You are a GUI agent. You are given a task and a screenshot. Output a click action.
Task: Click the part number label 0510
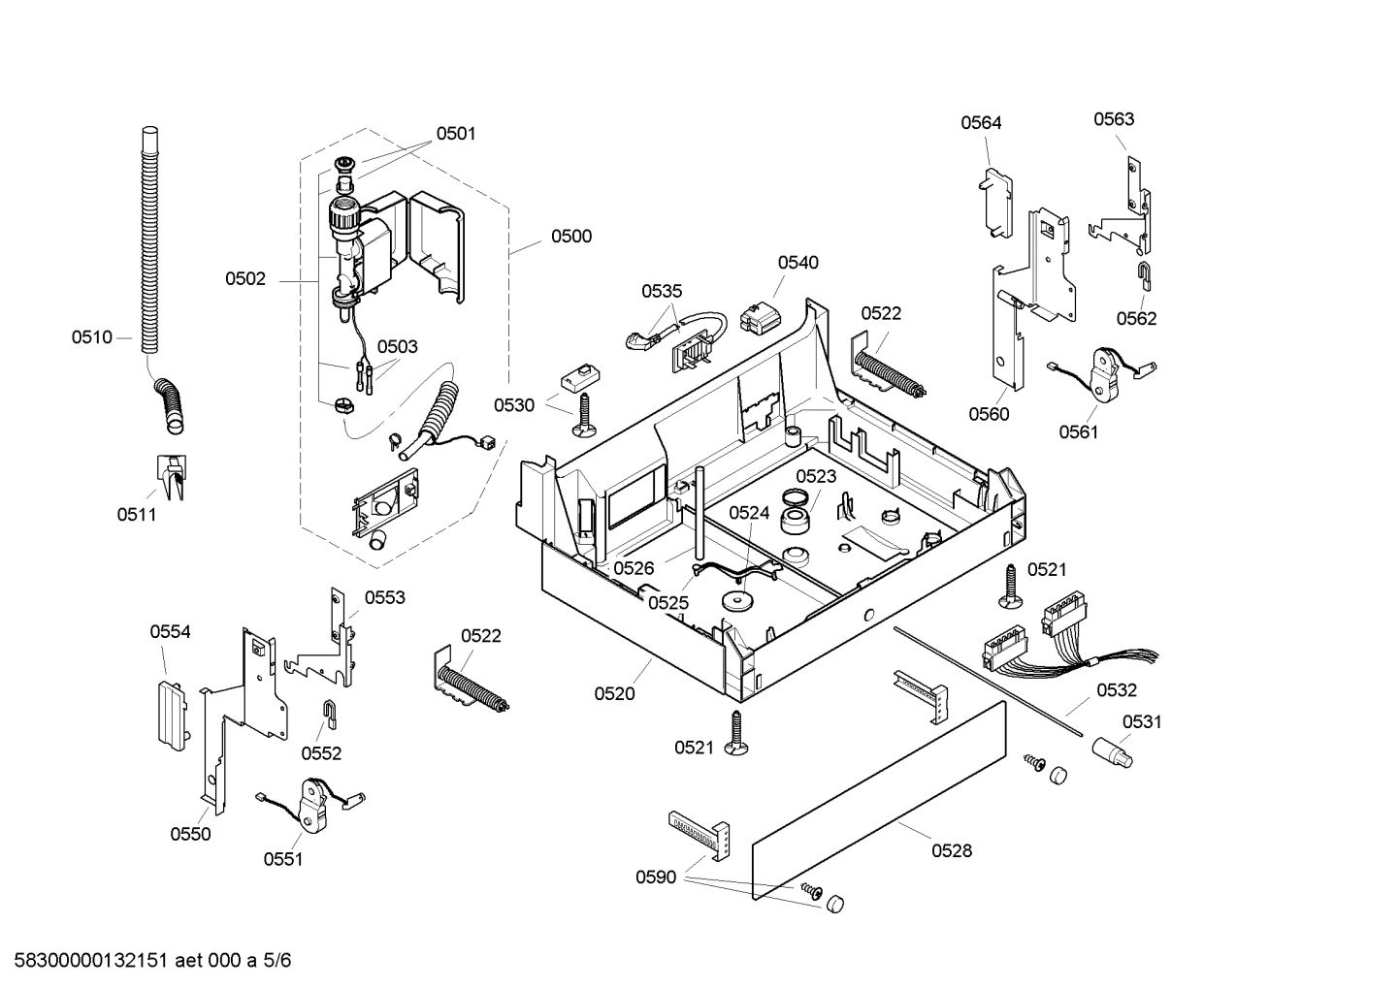click(91, 337)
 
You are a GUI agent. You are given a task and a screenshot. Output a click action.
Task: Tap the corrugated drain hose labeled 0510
click(148, 242)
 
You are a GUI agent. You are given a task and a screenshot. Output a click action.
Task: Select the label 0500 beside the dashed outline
click(570, 236)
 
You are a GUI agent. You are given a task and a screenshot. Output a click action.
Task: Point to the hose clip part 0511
click(172, 475)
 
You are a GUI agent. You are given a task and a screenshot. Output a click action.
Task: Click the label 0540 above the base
click(797, 262)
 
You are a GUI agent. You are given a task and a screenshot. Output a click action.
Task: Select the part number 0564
click(981, 122)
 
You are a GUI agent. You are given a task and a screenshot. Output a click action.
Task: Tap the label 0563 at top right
click(1114, 119)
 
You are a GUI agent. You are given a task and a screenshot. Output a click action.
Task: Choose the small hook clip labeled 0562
click(1145, 275)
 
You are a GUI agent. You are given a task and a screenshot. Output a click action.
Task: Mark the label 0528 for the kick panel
click(952, 850)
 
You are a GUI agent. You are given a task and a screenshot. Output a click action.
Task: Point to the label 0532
click(1117, 690)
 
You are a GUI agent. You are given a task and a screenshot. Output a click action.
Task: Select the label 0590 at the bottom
click(656, 877)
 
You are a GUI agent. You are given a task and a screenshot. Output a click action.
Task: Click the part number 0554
click(170, 631)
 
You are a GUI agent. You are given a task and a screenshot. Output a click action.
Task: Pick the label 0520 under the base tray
click(614, 693)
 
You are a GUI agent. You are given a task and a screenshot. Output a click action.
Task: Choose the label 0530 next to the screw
click(513, 405)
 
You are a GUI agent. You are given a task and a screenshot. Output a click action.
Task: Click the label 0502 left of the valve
click(245, 279)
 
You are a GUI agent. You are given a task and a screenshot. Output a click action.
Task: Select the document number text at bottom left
click(147, 961)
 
